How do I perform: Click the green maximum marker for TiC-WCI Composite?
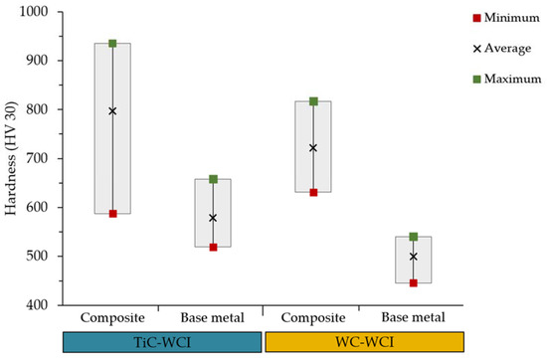[x=112, y=43]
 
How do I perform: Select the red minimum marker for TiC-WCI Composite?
[x=112, y=214]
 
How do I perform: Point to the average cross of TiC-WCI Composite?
[x=112, y=111]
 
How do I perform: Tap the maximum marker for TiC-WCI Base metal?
[x=213, y=179]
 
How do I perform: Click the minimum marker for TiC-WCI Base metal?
[x=213, y=247]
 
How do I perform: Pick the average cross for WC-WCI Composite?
[x=313, y=147]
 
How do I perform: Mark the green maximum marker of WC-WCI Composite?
[x=313, y=101]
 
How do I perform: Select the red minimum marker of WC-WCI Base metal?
[x=414, y=282]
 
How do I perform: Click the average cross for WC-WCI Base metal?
[x=414, y=257]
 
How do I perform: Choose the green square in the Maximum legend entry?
[x=478, y=79]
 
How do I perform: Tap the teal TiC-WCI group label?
[x=162, y=342]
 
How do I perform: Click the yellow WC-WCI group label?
[x=364, y=342]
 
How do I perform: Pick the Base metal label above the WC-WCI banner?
[x=414, y=319]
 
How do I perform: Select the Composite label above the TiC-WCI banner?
[x=112, y=319]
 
